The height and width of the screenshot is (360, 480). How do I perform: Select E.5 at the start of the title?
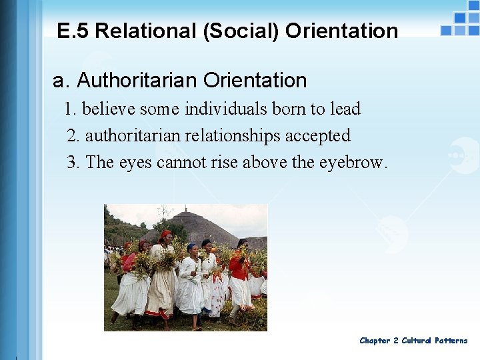(x=73, y=31)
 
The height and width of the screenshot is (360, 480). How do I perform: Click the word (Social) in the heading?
(x=231, y=31)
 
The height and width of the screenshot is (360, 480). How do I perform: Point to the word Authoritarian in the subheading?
(x=137, y=81)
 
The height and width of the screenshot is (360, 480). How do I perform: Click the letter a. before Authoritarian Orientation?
(x=61, y=81)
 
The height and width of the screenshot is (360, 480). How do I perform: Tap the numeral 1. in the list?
(x=70, y=109)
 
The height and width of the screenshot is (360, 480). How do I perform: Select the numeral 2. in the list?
(x=73, y=136)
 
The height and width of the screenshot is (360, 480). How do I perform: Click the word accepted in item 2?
(x=317, y=136)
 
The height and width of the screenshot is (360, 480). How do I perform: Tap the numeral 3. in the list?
(x=73, y=163)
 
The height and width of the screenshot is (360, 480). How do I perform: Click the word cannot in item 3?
(x=179, y=163)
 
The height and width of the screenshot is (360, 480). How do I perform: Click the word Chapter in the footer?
(x=375, y=341)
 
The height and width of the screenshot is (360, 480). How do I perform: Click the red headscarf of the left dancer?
(x=165, y=235)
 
